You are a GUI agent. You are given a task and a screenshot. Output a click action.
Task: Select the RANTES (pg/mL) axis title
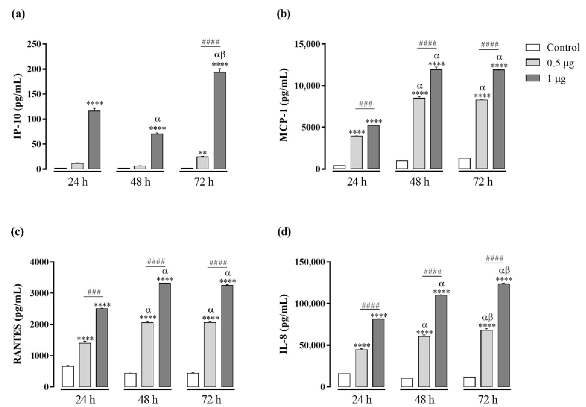[17, 324]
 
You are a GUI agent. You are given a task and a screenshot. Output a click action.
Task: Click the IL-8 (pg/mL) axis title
[284, 324]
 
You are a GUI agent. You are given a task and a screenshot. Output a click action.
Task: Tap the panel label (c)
[18, 232]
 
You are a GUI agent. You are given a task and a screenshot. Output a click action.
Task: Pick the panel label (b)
[284, 15]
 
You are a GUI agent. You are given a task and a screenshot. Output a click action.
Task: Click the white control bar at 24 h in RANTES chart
[68, 376]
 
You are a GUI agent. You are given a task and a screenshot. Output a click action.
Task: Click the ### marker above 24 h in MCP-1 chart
[365, 104]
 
